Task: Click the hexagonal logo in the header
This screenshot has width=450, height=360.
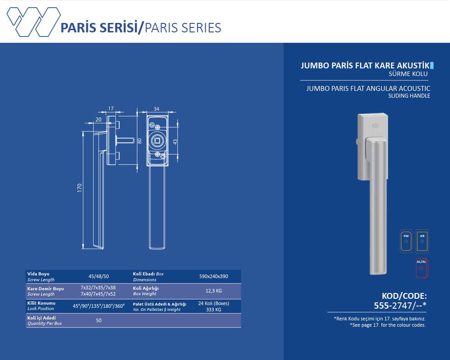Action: pyautogui.click(x=34, y=22)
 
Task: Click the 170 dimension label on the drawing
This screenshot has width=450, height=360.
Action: pyautogui.click(x=80, y=188)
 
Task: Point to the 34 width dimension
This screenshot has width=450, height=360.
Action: pyautogui.click(x=157, y=109)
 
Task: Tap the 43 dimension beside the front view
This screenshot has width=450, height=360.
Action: pyautogui.click(x=175, y=142)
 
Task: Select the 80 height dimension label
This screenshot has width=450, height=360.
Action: pyautogui.click(x=140, y=141)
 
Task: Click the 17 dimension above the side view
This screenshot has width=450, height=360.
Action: pyautogui.click(x=111, y=108)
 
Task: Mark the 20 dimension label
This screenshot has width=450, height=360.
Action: pyautogui.click(x=99, y=119)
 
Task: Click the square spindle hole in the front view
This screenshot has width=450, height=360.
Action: pyautogui.click(x=157, y=141)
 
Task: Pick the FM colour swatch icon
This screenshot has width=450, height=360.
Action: pyautogui.click(x=406, y=242)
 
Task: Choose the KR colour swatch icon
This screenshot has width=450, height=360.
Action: pyautogui.click(x=422, y=242)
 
